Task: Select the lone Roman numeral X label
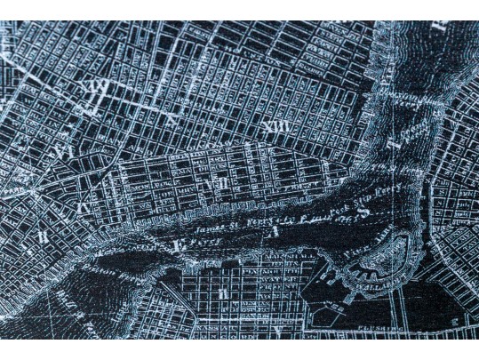coord(169,118)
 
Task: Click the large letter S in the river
coord(363,210)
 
